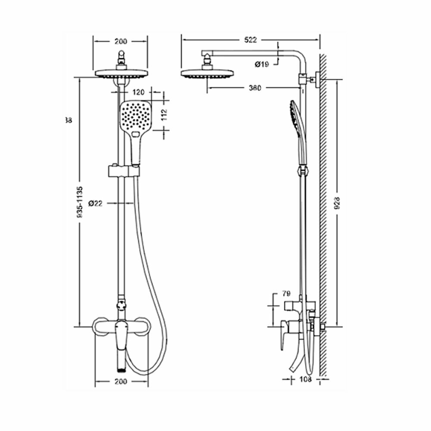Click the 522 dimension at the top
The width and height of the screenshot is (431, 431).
point(250,40)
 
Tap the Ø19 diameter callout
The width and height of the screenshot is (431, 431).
point(262,65)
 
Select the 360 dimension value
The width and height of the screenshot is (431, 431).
point(255,88)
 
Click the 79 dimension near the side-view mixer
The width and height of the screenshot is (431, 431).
point(286,294)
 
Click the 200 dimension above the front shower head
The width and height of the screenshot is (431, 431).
point(121,41)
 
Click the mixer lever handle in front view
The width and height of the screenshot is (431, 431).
point(121,336)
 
